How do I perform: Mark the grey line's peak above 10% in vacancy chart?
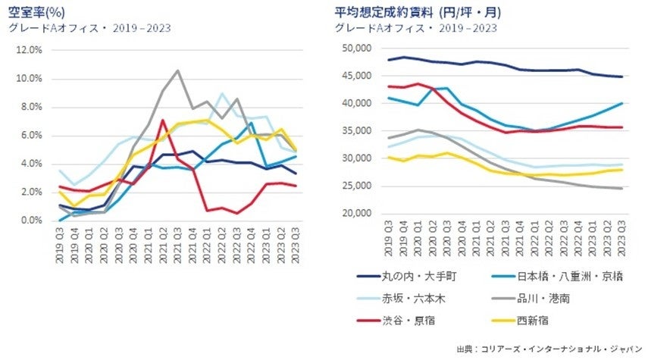point(177,70)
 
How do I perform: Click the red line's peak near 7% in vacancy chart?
point(162,120)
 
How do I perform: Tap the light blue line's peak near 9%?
point(221,93)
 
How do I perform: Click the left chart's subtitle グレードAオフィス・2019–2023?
point(89,29)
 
